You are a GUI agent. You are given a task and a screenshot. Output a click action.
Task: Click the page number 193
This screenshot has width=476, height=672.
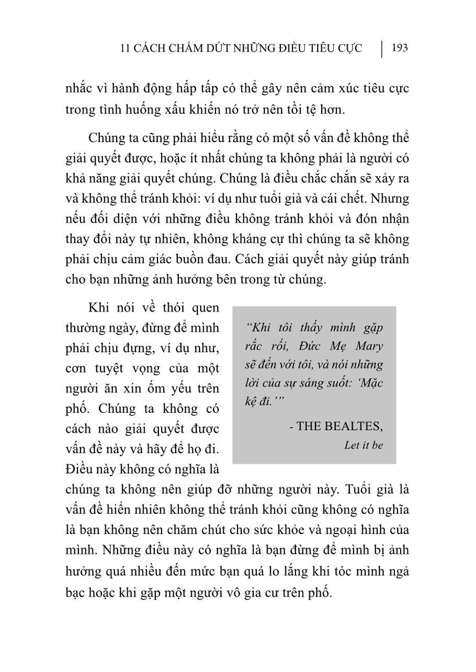coord(399,49)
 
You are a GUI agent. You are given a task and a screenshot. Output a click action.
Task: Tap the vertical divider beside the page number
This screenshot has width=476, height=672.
coord(382,49)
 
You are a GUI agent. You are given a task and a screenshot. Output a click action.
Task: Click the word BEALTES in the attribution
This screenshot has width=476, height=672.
coord(354,426)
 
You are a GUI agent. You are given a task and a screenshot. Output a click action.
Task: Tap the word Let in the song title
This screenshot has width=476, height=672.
coord(352,446)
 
